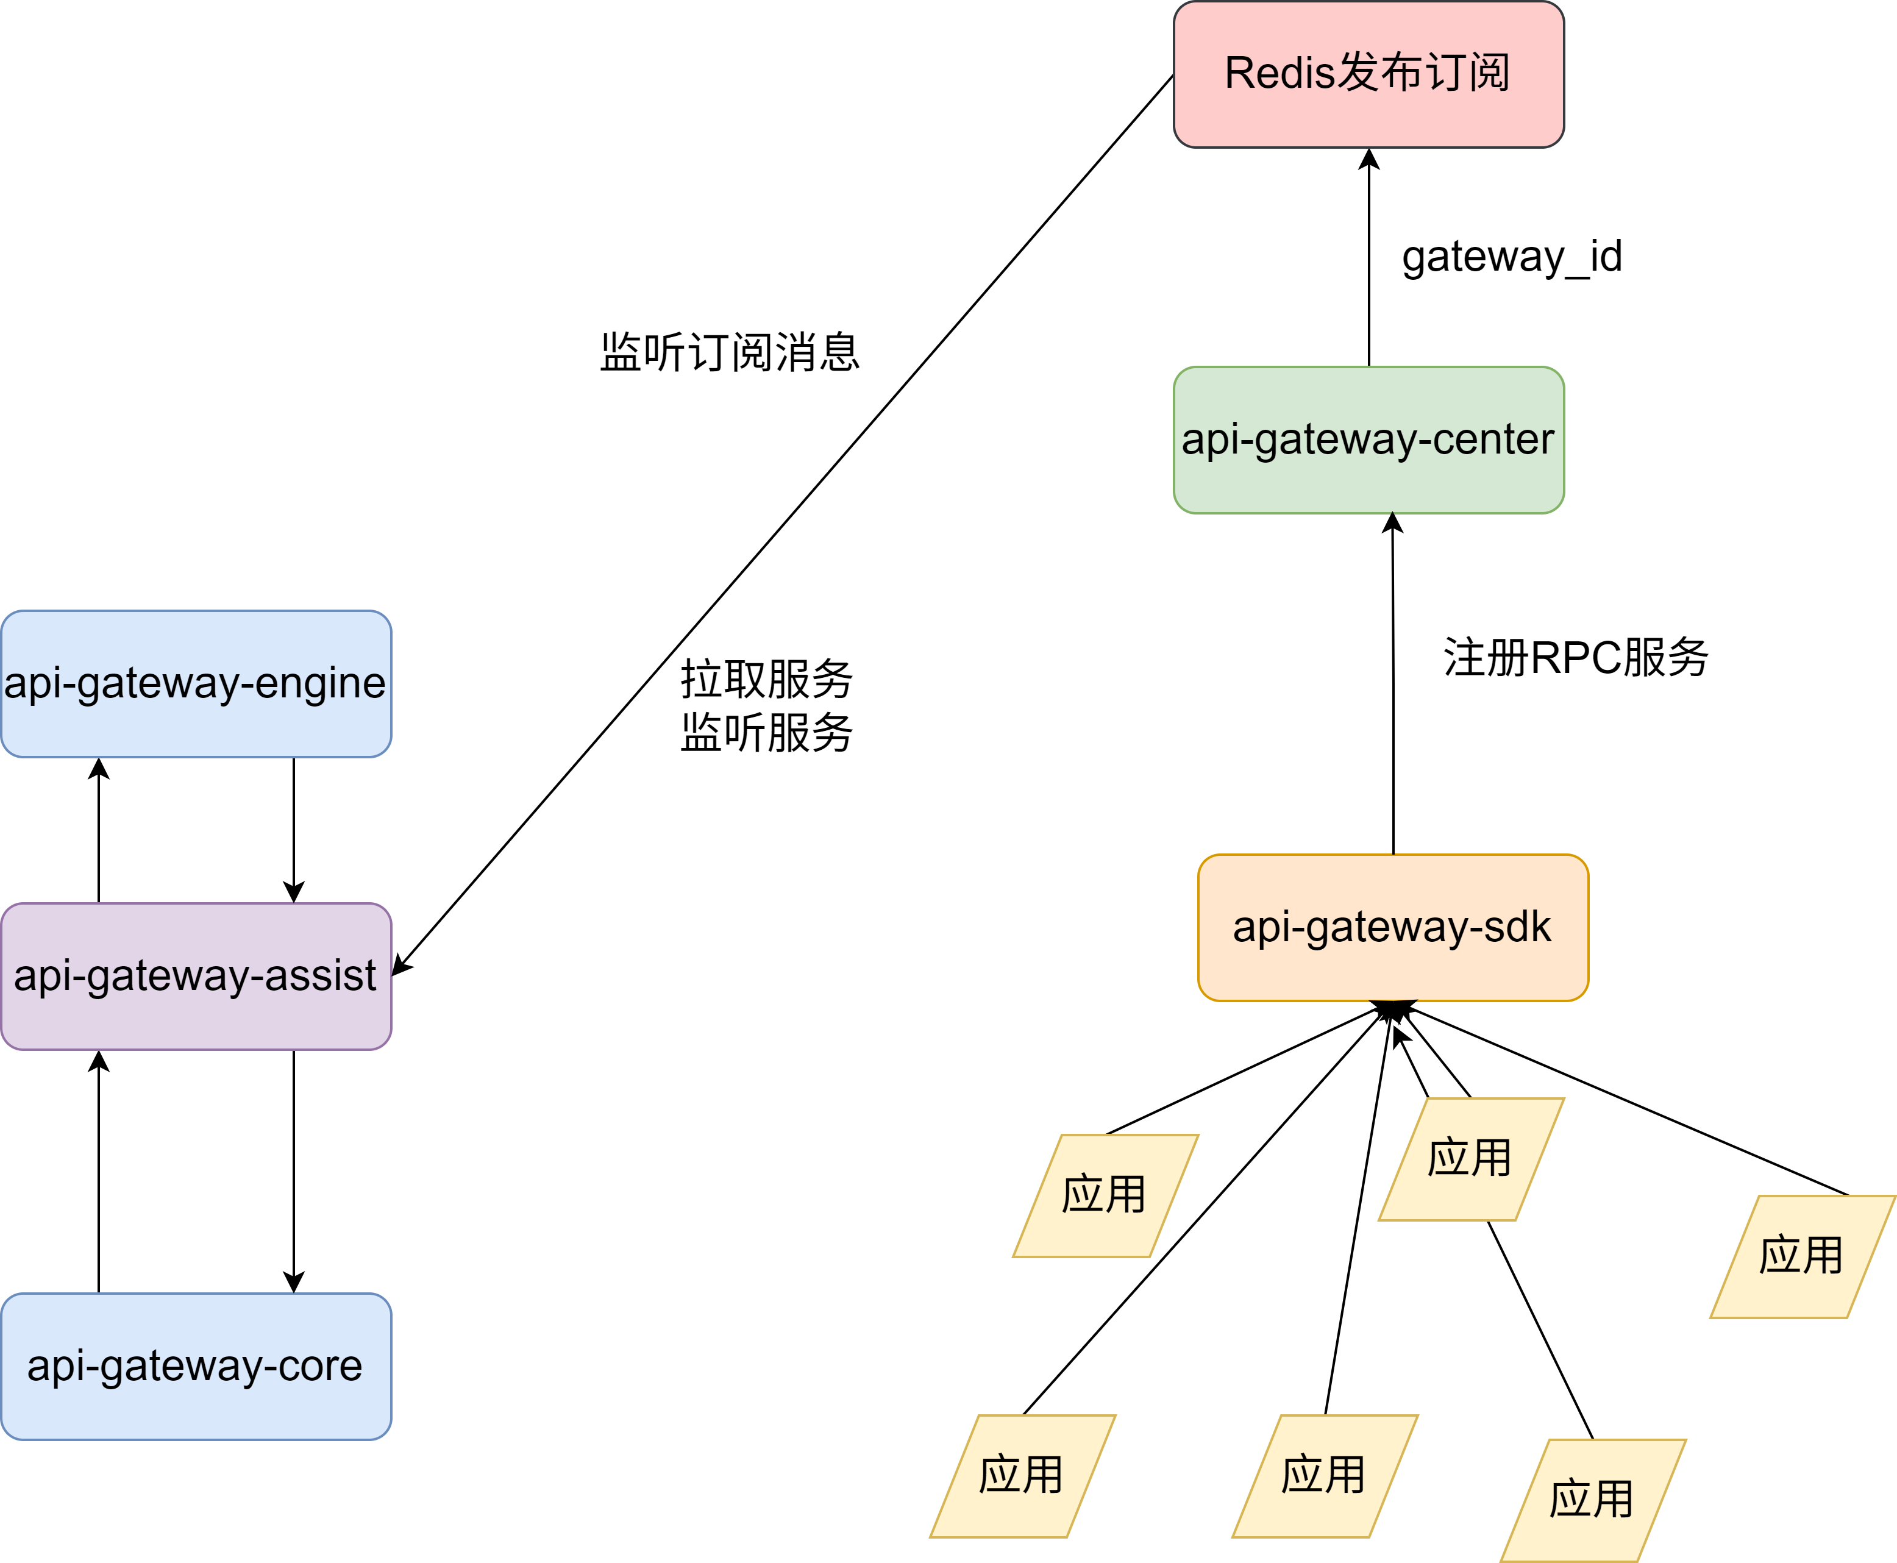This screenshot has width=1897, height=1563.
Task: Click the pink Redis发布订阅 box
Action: [1368, 74]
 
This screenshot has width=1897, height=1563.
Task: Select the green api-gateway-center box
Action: [1368, 440]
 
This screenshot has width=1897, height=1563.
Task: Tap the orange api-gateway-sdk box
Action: [1392, 927]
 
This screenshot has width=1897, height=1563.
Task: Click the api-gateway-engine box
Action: [196, 683]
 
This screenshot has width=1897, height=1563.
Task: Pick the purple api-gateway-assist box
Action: [196, 976]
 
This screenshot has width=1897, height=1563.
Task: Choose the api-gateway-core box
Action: [196, 1366]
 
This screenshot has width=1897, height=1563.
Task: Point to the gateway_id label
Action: [1512, 257]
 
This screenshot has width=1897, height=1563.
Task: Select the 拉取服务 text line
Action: [766, 679]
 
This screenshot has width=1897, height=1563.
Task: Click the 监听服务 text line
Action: [766, 732]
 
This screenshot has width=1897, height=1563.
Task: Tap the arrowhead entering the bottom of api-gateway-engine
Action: [99, 769]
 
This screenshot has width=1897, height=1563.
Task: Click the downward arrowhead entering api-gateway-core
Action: [293, 1281]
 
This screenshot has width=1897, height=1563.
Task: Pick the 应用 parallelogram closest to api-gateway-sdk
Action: [1470, 1159]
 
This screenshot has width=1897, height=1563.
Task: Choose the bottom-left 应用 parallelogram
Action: [1022, 1476]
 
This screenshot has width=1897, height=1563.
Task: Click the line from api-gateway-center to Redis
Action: [1368, 270]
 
